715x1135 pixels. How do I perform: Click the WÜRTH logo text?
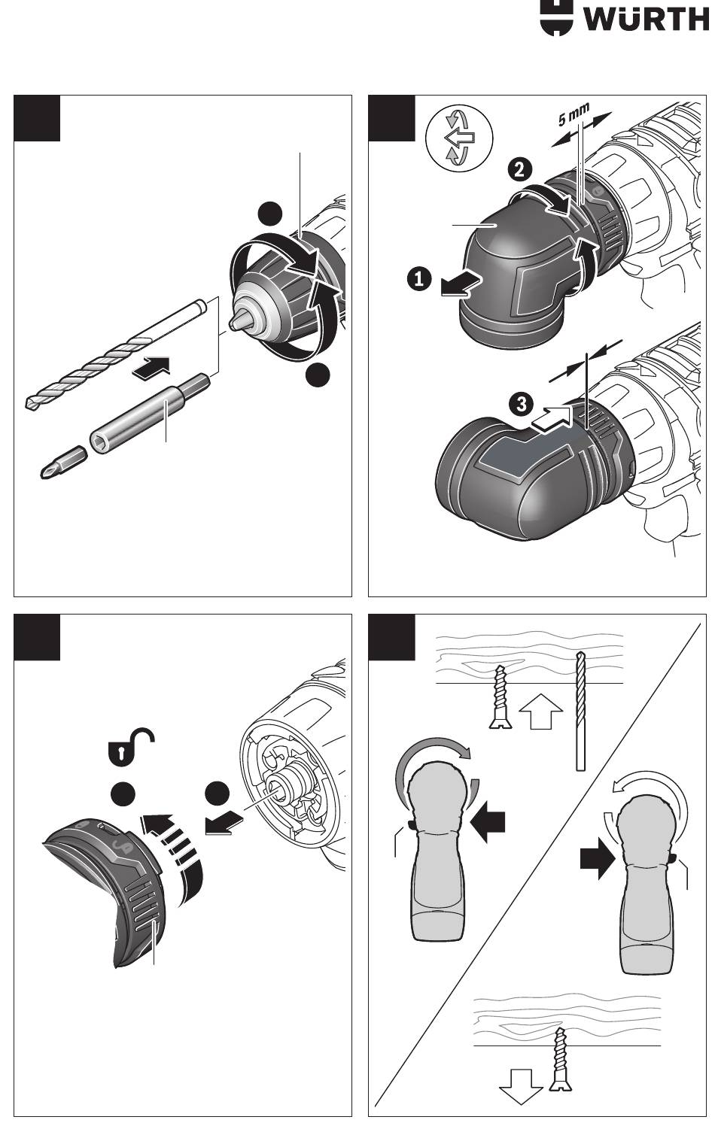646,20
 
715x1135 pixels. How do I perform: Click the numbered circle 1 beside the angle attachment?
419,279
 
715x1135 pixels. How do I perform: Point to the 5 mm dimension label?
574,114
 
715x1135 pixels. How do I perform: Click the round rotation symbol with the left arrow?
459,138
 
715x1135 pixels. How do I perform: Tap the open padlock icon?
129,748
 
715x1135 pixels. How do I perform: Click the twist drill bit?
116,354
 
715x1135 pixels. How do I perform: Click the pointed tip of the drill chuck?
234,322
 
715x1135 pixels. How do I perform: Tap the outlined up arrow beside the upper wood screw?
541,711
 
